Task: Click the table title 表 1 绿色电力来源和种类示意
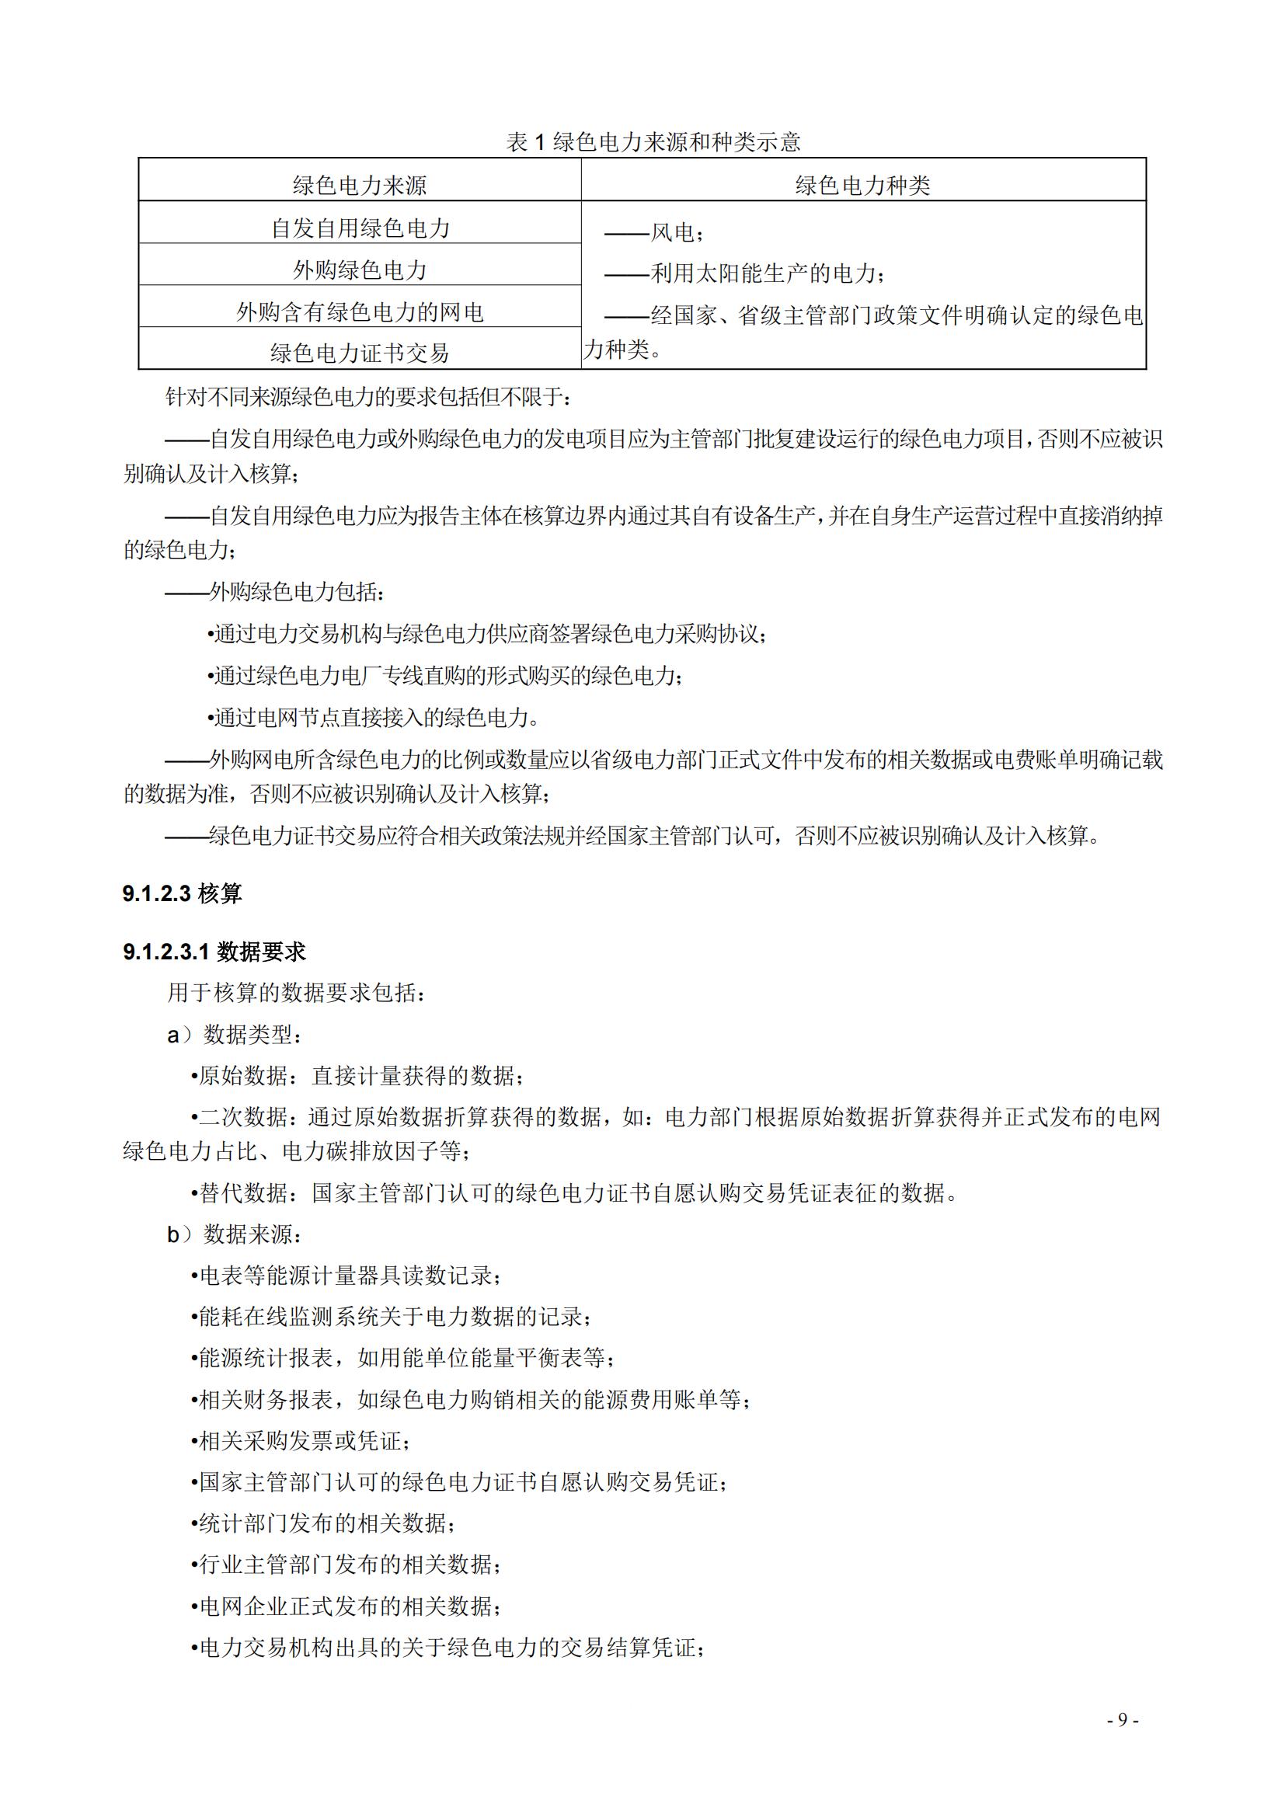click(x=653, y=142)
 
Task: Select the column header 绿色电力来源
click(x=359, y=185)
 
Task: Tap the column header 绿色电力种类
click(x=862, y=185)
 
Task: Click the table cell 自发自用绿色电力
click(x=360, y=228)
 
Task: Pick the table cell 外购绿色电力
click(x=359, y=270)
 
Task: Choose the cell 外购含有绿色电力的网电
click(x=359, y=312)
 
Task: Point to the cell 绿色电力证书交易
click(x=359, y=353)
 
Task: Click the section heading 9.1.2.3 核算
click(x=182, y=893)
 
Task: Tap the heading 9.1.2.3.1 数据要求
click(x=214, y=952)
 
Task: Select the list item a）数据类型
click(x=234, y=1034)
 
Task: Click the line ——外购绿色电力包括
click(x=275, y=591)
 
